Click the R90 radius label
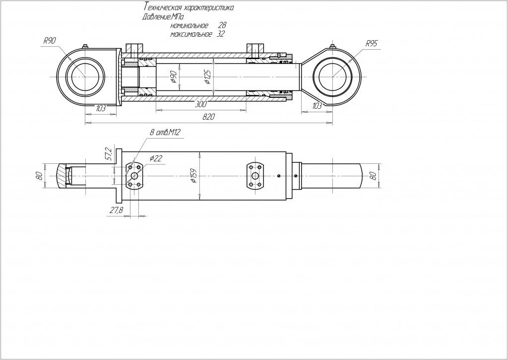coord(50,41)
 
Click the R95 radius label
coord(371,44)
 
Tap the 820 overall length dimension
coord(209,117)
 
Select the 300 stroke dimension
coord(201,104)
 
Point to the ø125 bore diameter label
coord(209,76)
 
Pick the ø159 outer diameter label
coord(194,176)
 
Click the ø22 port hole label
coord(156,158)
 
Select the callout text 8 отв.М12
coord(165,132)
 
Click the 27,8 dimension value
coord(116,210)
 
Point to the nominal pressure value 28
coord(222,25)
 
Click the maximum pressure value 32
coord(220,34)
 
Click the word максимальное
coord(191,34)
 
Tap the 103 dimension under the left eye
coord(101,108)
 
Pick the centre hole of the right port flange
coord(255,176)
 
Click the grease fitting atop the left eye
coord(85,46)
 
